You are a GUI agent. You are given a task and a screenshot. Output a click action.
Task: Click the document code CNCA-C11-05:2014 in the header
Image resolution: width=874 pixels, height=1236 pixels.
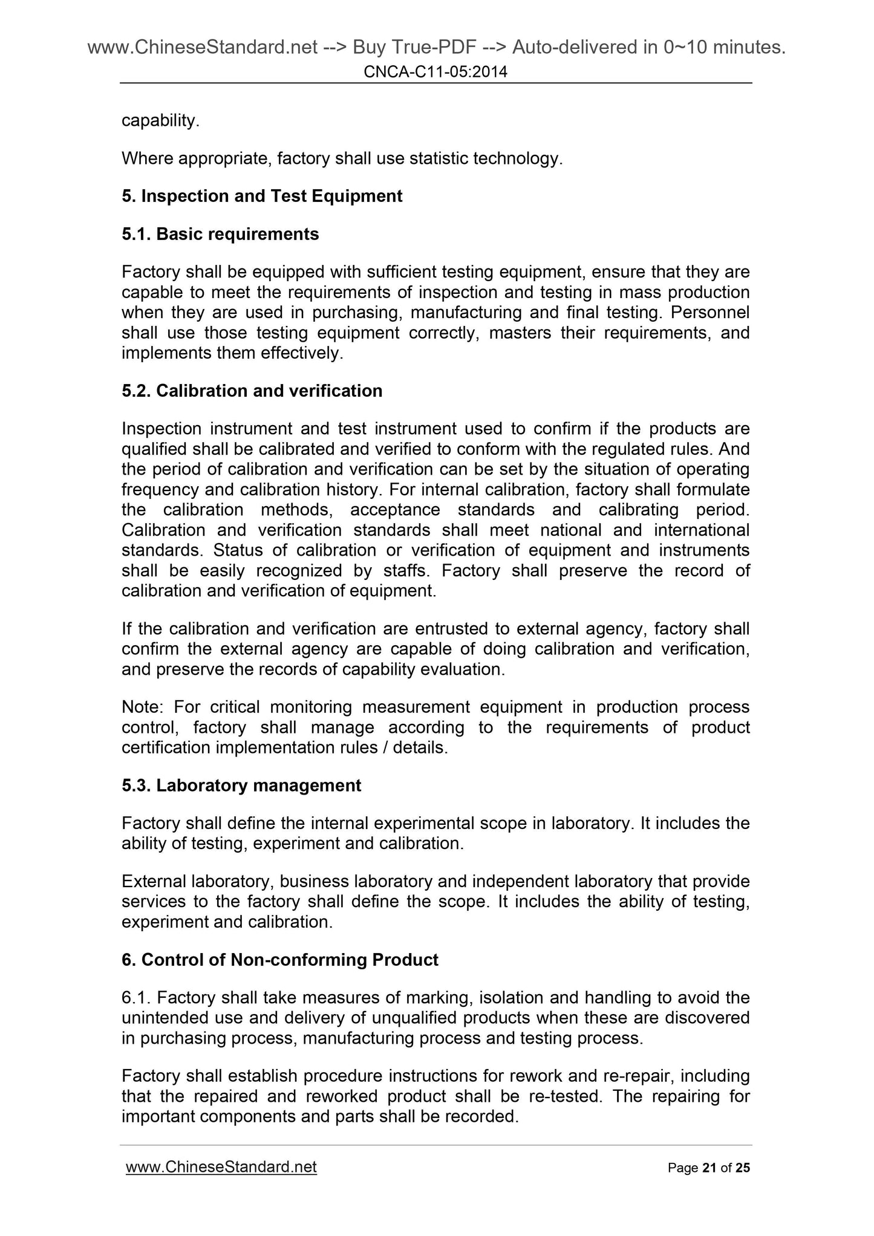pyautogui.click(x=435, y=73)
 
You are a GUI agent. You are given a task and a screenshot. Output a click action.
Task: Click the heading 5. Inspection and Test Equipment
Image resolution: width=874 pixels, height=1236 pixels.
pyautogui.click(x=262, y=196)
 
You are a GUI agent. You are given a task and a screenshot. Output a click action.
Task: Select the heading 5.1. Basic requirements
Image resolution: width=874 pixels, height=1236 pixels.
pyautogui.click(x=220, y=234)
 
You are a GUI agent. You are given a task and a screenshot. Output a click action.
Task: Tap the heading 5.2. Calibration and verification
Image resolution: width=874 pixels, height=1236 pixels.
pyautogui.click(x=252, y=391)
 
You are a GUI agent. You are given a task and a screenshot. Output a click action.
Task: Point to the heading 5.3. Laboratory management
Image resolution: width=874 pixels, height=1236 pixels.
pyautogui.click(x=241, y=786)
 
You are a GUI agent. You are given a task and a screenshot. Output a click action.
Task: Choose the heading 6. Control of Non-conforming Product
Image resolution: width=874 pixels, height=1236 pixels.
pyautogui.click(x=280, y=960)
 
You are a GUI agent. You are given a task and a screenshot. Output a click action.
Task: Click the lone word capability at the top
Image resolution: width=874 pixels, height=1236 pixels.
pyautogui.click(x=160, y=121)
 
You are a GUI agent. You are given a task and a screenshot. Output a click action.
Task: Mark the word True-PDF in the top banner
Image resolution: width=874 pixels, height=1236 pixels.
pyautogui.click(x=402, y=47)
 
